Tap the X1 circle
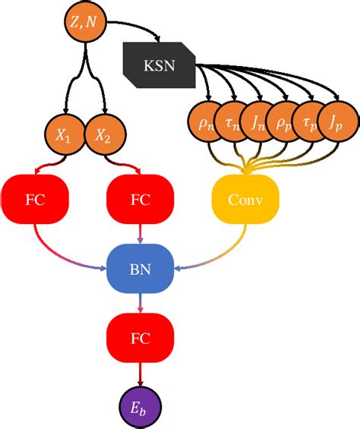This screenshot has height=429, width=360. click(64, 137)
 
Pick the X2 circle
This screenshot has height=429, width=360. click(101, 137)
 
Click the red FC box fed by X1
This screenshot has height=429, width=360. click(34, 200)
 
